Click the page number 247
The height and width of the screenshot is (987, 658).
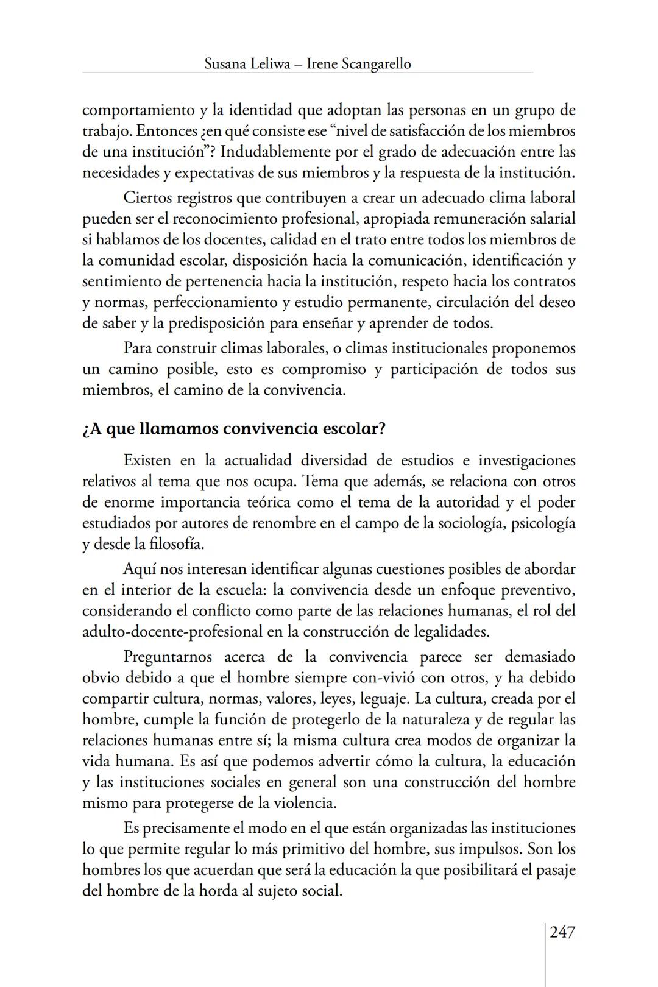tap(562, 932)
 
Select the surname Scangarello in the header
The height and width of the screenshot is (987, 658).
tap(367, 63)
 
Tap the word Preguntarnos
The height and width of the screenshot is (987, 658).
tap(168, 657)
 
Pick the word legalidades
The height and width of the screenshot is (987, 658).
tap(451, 631)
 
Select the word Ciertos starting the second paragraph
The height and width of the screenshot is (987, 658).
tap(147, 198)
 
